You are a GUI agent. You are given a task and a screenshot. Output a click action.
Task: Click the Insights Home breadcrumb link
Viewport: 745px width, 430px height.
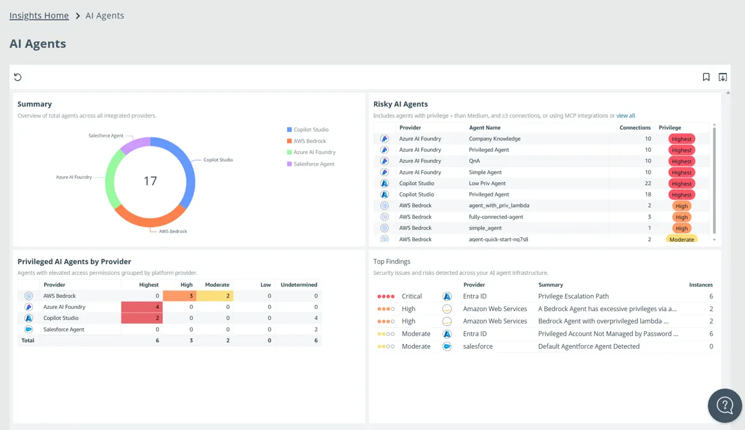(39, 16)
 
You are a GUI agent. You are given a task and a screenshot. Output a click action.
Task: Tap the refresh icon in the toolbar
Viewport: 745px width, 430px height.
(17, 77)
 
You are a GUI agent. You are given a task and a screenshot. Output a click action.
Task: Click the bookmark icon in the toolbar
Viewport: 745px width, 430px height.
(706, 77)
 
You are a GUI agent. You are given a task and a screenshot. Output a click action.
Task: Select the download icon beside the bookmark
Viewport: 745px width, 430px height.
(723, 77)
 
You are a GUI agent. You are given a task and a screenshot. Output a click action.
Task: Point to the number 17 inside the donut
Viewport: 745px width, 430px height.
(150, 181)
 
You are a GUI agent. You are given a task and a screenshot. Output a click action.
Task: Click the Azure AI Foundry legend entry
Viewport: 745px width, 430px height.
(312, 152)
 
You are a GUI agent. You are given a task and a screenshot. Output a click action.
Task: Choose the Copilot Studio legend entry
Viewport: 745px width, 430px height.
(308, 130)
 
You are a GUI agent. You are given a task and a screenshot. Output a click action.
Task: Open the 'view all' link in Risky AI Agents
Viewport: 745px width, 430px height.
(625, 116)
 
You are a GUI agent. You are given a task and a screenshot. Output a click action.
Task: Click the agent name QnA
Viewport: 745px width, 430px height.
(474, 161)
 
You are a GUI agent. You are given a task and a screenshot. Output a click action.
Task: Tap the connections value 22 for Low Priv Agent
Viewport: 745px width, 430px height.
(648, 183)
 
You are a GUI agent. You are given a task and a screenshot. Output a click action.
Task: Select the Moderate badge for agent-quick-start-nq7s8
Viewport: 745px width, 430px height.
(682, 239)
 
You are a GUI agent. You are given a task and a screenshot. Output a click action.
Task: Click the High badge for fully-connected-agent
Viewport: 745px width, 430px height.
(682, 217)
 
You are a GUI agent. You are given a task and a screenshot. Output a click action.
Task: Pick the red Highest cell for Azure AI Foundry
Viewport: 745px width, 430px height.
(142, 307)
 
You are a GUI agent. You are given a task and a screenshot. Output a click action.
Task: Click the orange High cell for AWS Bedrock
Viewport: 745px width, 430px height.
(179, 296)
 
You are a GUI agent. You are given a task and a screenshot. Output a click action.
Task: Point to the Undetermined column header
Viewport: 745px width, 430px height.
(299, 285)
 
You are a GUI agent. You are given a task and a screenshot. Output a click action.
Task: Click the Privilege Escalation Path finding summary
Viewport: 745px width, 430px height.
(573, 296)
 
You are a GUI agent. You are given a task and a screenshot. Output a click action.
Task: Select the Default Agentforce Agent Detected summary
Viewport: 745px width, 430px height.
(589, 346)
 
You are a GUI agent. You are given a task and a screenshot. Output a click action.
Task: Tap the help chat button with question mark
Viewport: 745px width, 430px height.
(725, 406)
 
